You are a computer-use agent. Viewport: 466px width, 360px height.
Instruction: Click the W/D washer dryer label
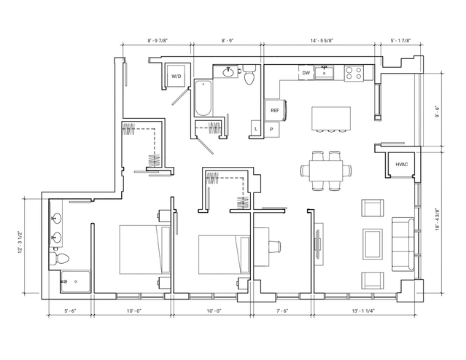point(176,77)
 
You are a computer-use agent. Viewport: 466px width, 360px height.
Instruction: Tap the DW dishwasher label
point(306,73)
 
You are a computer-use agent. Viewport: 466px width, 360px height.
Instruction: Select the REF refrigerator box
point(275,111)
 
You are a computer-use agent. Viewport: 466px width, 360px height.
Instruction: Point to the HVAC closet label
point(402,164)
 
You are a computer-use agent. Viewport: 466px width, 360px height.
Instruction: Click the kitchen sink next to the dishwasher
point(325,73)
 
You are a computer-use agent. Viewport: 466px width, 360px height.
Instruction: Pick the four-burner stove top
point(354,73)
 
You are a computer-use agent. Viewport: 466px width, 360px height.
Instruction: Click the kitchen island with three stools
point(331,119)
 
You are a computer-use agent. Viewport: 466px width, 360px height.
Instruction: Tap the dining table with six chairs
point(326,171)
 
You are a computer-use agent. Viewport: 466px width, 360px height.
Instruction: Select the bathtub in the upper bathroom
point(203,98)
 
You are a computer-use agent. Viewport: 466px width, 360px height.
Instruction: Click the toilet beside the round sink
point(249,74)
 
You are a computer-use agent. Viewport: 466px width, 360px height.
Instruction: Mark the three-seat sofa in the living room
point(403,244)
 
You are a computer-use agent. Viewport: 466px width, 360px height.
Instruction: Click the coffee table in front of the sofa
point(373,244)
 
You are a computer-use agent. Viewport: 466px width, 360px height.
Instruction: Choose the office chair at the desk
point(275,247)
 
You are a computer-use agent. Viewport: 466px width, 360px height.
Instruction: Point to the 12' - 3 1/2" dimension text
point(20,243)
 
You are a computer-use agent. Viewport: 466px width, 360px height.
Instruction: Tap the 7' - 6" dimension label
point(282,311)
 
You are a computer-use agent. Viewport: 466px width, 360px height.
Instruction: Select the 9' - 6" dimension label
point(437,111)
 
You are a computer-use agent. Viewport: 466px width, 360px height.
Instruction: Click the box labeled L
point(256,128)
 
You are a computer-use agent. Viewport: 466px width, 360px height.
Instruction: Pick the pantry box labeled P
point(272,130)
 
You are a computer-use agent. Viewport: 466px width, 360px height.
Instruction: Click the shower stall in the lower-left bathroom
point(75,281)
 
